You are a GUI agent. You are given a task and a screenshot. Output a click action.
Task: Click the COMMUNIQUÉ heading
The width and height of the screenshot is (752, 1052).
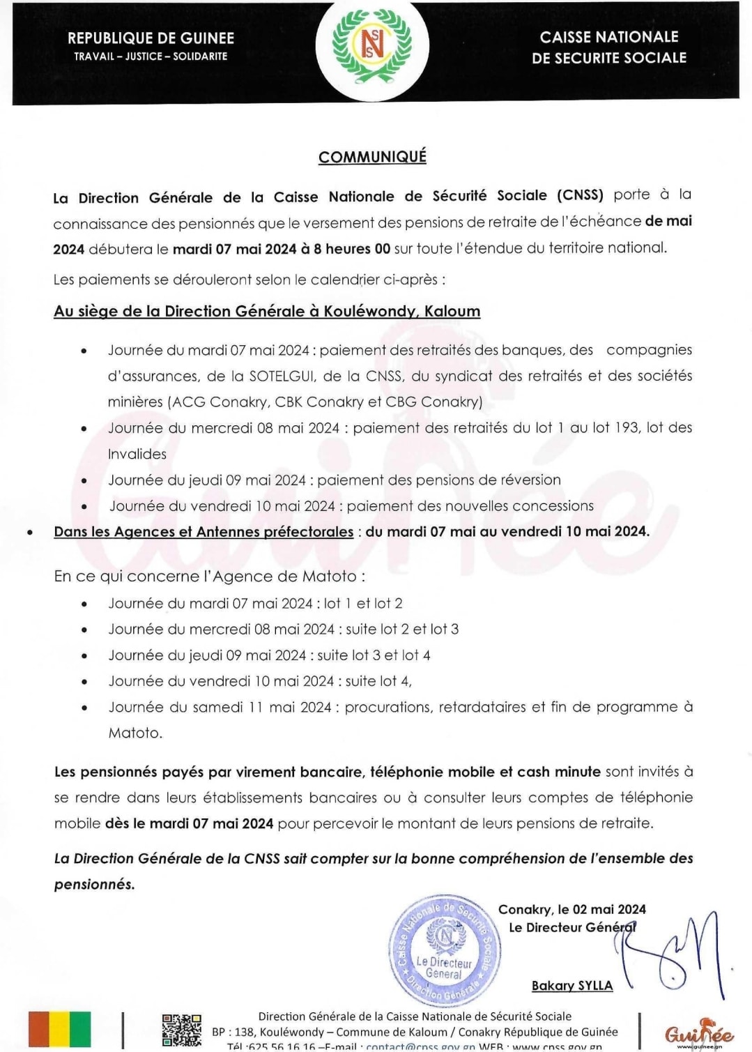tap(372, 157)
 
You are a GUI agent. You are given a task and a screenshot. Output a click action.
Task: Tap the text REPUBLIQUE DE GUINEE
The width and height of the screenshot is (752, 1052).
tap(151, 38)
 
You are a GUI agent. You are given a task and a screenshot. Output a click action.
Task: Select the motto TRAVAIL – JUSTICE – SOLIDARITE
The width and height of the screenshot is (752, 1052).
tap(151, 56)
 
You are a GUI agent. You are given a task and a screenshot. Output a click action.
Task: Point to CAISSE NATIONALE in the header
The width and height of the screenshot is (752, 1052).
tap(608, 37)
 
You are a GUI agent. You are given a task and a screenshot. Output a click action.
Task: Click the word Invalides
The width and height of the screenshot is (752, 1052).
tap(137, 454)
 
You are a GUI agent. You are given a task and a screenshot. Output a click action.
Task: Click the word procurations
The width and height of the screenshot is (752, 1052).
tap(387, 707)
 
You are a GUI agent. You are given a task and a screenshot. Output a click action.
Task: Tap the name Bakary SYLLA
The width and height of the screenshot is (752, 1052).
tap(572, 986)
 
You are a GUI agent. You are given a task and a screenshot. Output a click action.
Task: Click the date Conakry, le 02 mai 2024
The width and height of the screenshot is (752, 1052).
tap(571, 909)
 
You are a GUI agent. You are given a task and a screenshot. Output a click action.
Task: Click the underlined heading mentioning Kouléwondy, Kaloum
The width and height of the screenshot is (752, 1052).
tap(267, 311)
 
